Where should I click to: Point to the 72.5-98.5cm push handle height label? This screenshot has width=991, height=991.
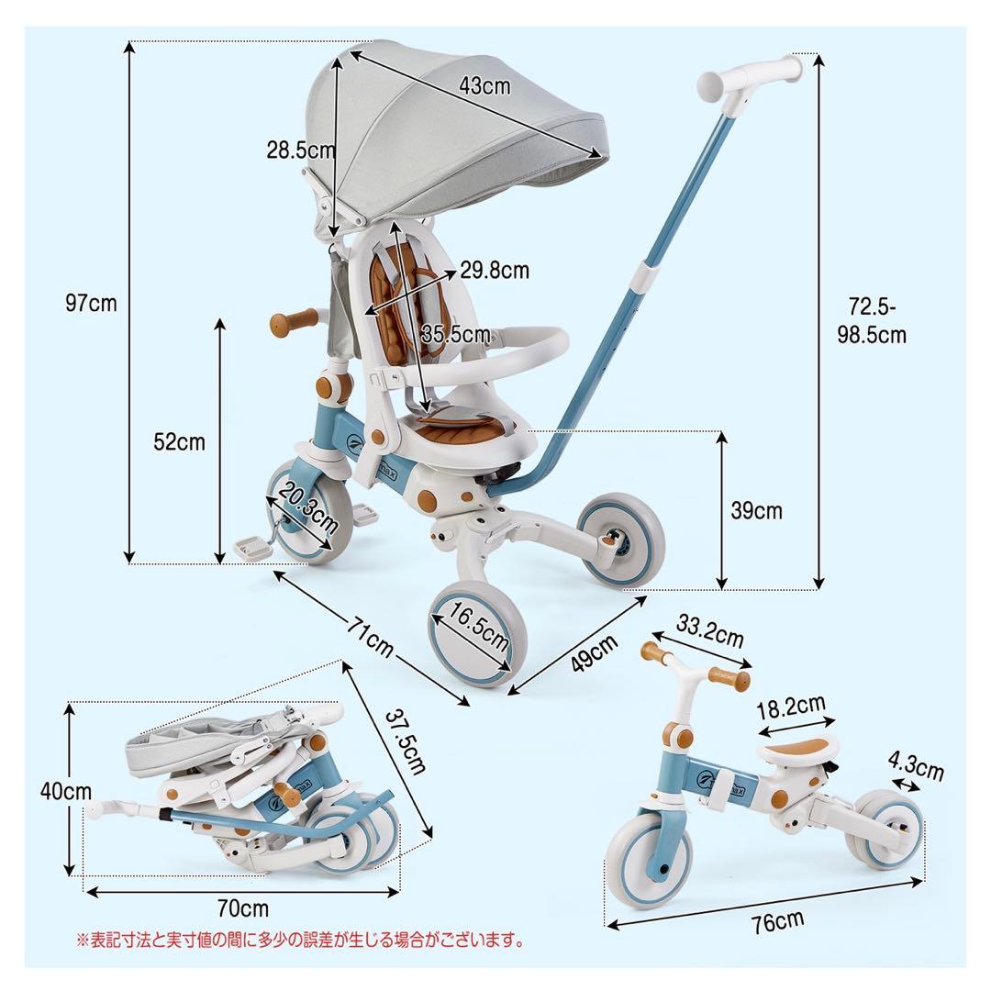tap(871, 318)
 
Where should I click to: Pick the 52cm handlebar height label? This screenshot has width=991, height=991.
tap(180, 441)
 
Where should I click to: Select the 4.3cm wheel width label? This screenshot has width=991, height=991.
tap(917, 767)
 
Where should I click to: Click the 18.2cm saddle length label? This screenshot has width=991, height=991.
tap(790, 708)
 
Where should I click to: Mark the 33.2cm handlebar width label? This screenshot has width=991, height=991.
tap(710, 633)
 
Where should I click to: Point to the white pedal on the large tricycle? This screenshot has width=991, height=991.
tap(254, 548)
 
